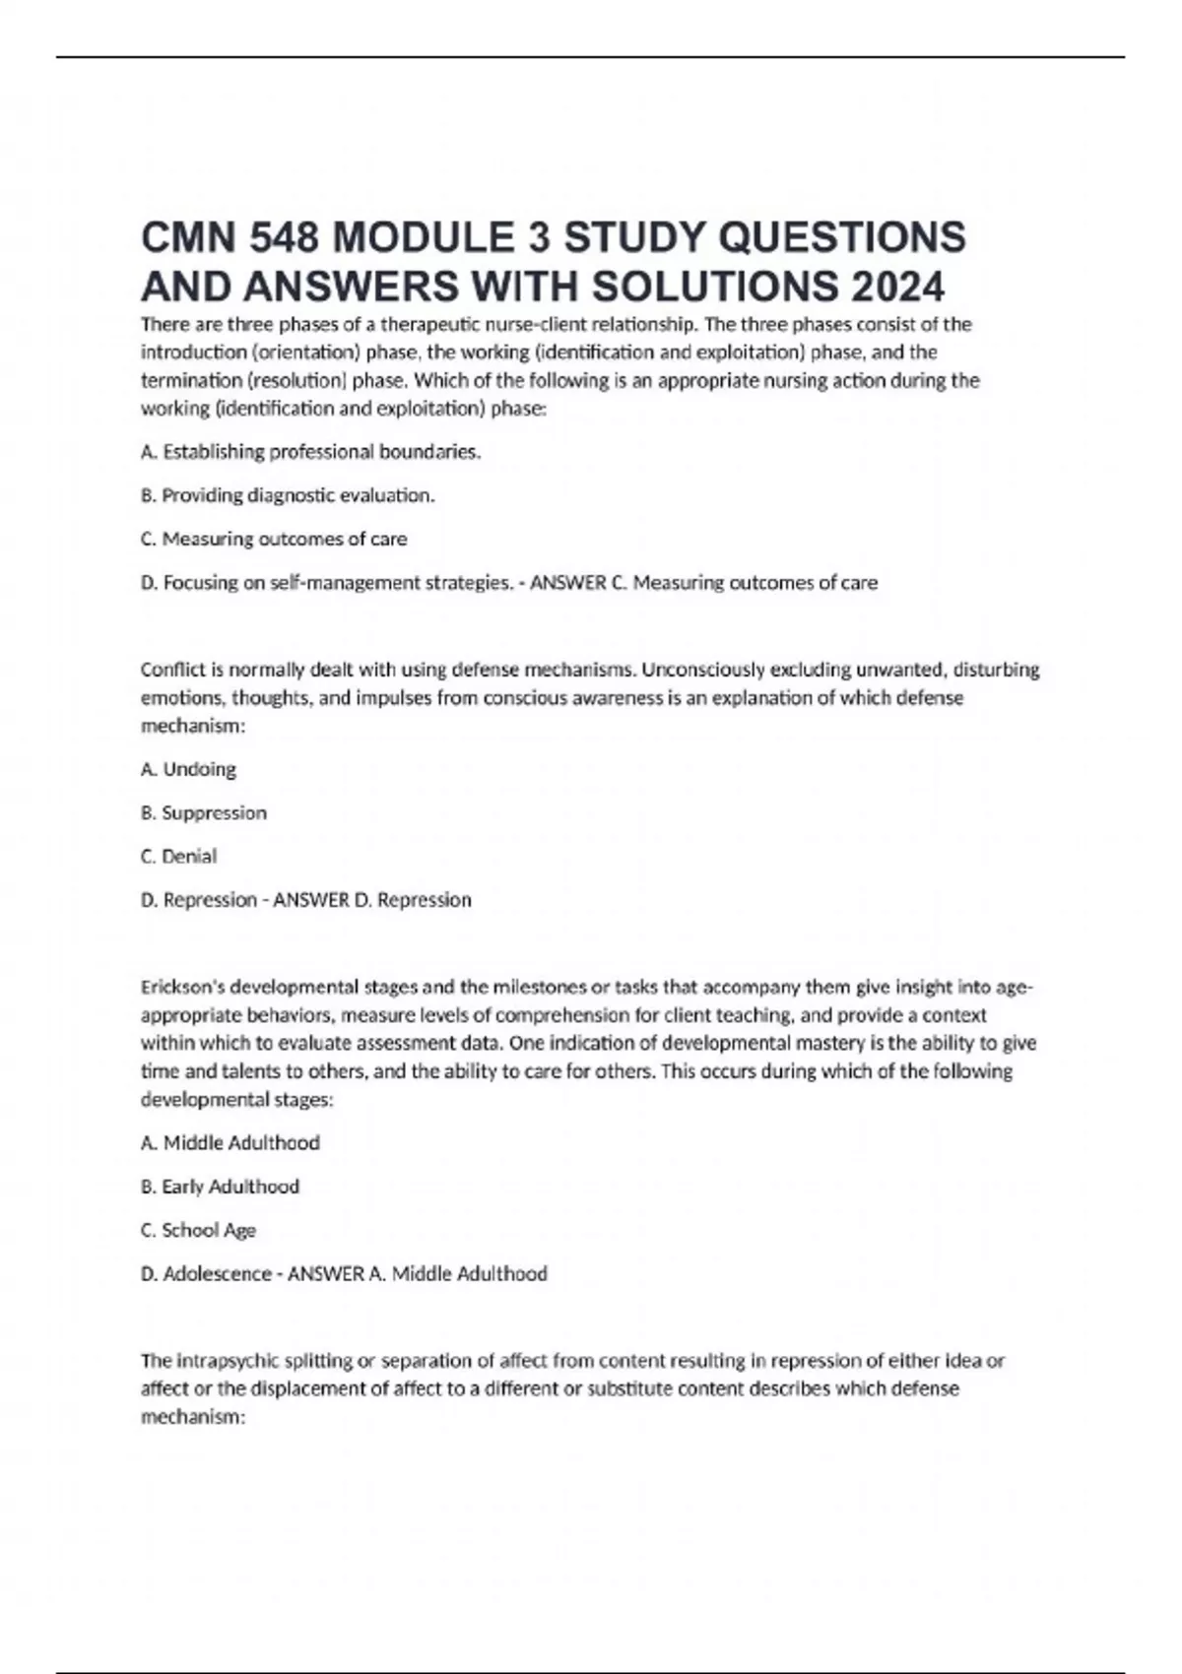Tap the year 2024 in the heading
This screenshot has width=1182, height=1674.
(x=896, y=287)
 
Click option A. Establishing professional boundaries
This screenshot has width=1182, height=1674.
(x=311, y=452)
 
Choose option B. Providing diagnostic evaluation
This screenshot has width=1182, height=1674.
(x=288, y=495)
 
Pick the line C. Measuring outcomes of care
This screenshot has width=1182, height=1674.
(x=274, y=539)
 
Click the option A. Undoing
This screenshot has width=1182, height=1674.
(x=189, y=769)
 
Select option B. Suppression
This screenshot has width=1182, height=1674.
(x=204, y=812)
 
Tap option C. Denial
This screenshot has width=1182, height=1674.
(x=179, y=856)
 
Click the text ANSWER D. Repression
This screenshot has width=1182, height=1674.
(x=371, y=899)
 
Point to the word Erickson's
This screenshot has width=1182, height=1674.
(x=183, y=987)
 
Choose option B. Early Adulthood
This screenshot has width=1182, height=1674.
(x=221, y=1187)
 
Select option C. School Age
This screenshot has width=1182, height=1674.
(x=199, y=1230)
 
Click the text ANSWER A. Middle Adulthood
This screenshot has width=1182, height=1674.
(x=417, y=1273)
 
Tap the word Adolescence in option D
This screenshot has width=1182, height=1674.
(x=217, y=1273)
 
